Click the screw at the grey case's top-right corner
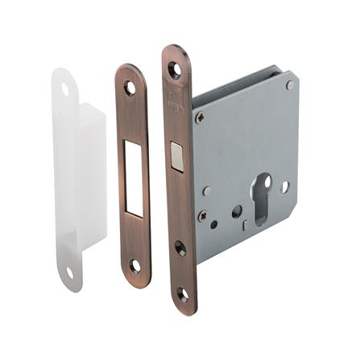tap(289, 85)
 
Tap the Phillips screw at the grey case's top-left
tap(200, 118)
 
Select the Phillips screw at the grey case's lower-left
tap(202, 217)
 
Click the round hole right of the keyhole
tap(284, 187)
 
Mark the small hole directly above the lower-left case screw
tap(206, 191)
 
